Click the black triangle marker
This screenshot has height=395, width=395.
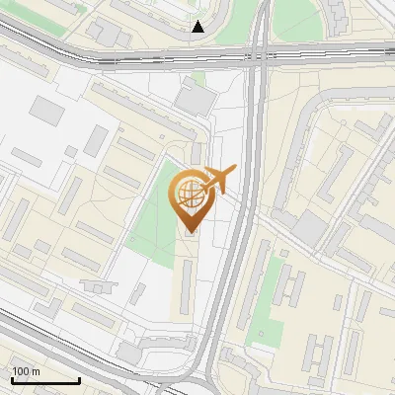coord(198,27)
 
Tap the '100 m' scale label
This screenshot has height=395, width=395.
coord(26,371)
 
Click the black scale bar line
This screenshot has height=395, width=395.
coord(45,380)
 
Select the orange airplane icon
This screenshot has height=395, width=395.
coord(219,181)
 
